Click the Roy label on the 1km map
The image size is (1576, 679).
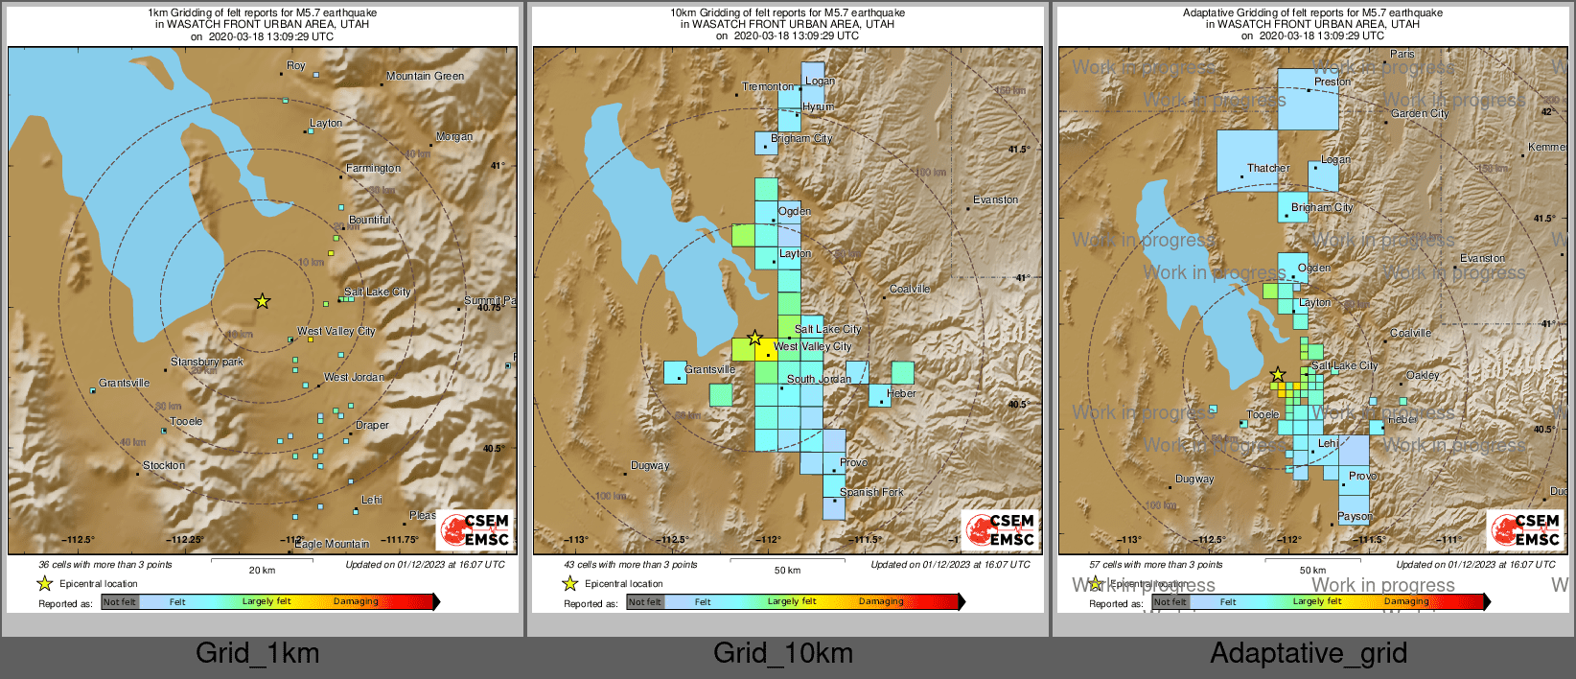coord(296,66)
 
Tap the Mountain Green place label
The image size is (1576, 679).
coord(425,76)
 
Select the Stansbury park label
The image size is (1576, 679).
coord(207,362)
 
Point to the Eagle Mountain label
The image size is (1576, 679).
coord(332,544)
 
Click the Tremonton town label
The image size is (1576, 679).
coord(768,86)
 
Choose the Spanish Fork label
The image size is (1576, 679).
coord(871,492)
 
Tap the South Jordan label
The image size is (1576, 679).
coord(819,379)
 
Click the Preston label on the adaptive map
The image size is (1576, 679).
coord(1333,82)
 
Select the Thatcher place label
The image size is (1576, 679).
coord(1268,168)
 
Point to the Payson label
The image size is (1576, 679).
coord(1356,516)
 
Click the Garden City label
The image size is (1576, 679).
coord(1420,113)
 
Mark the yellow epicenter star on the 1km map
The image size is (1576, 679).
coord(262,301)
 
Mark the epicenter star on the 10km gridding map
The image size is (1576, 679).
coord(754,338)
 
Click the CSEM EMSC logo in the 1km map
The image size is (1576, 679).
coord(475,529)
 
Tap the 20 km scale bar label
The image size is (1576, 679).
coord(262,570)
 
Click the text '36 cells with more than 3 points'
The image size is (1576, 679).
coord(105,564)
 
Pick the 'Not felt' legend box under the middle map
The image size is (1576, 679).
coord(645,601)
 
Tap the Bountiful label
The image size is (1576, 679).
coord(370,220)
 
